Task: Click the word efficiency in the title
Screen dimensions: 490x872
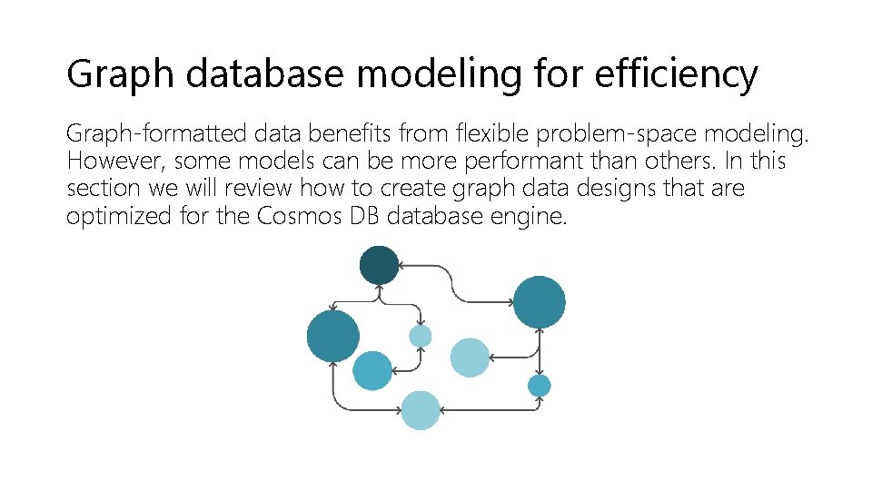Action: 676,74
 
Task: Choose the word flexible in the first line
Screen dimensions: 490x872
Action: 495,134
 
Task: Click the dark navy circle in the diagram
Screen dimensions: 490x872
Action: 379,265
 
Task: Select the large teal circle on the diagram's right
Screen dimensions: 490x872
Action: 540,302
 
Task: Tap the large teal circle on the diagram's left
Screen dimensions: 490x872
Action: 333,335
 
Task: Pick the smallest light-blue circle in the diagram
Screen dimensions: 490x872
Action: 420,337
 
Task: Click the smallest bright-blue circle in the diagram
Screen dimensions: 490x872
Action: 540,386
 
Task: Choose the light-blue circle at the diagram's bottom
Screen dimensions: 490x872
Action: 421,410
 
